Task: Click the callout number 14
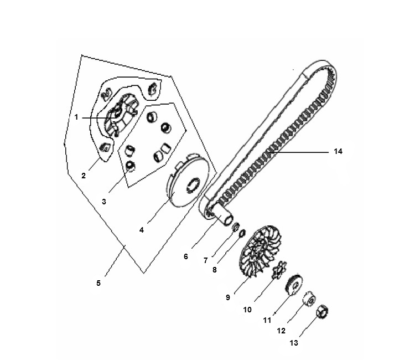pos(338,152)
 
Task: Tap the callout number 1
pos(76,117)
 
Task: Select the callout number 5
pos(98,283)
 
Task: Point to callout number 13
pos(294,343)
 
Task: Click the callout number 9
pos(228,297)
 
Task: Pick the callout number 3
pos(104,202)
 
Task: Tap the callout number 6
pos(186,256)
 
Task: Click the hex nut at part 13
pos(323,311)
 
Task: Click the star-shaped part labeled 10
pos(279,269)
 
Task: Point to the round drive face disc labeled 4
pos(189,181)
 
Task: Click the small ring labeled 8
pos(242,233)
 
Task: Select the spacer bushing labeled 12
pos(309,299)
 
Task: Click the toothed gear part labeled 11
pos(294,285)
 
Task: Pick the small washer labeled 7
pos(235,227)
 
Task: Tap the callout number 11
pos(267,320)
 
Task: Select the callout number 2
pos(84,176)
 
